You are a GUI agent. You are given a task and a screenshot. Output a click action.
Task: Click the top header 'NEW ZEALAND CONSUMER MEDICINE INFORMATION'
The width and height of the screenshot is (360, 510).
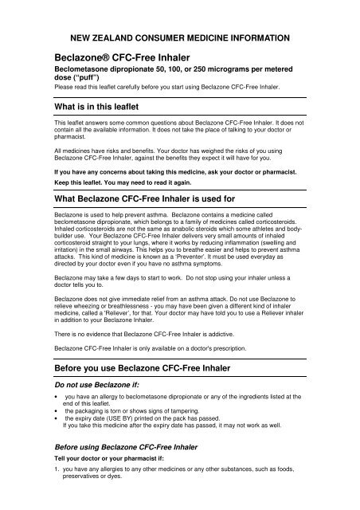(x=179, y=37)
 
